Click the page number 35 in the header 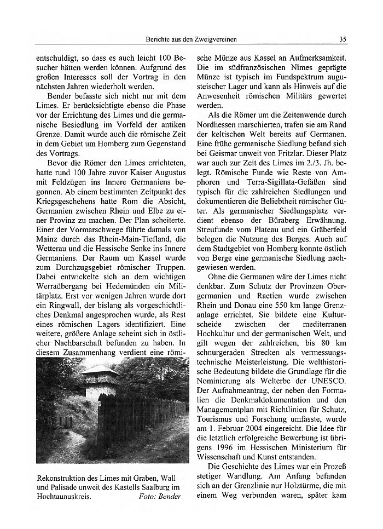[x=342, y=39]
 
